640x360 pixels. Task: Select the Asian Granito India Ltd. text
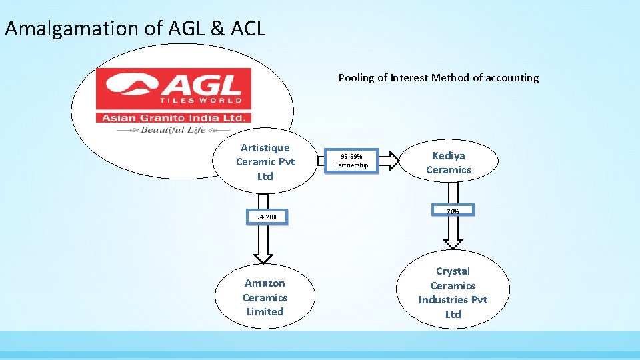coord(174,117)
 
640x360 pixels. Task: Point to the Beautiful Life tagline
coord(173,130)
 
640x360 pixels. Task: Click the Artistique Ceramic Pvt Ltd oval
coord(265,162)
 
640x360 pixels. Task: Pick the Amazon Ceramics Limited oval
coord(265,297)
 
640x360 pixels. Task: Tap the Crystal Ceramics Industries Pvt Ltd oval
coord(453,292)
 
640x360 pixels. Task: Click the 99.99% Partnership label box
coord(351,161)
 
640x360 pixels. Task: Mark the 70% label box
coord(453,211)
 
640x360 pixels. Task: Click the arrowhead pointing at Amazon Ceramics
coord(264,257)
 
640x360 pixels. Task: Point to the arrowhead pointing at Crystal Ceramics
coord(453,241)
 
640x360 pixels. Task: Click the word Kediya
coord(449,155)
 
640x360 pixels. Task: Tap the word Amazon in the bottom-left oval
coord(265,283)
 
